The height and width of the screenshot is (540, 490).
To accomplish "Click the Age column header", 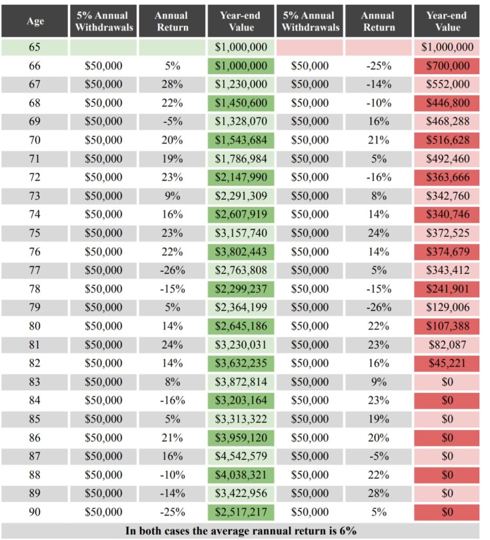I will [35, 21].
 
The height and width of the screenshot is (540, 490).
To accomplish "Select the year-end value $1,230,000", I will [241, 84].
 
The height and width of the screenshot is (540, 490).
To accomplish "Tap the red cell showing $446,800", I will [447, 103].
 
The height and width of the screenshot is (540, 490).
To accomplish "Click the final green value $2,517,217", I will [241, 512].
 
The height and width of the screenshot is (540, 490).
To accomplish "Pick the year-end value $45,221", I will [447, 363].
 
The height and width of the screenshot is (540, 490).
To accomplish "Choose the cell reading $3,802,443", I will [241, 252].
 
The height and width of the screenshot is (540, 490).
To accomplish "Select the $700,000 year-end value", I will [447, 66].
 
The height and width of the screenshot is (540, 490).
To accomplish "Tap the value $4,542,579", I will [241, 457].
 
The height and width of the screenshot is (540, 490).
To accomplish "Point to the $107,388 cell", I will [447, 326].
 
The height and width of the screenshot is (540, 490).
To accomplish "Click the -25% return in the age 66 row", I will [378, 66].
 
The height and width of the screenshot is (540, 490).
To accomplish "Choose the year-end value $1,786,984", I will [241, 159].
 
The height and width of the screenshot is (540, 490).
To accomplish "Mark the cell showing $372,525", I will [447, 233].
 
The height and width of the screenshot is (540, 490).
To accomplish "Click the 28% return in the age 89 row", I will [378, 494].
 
